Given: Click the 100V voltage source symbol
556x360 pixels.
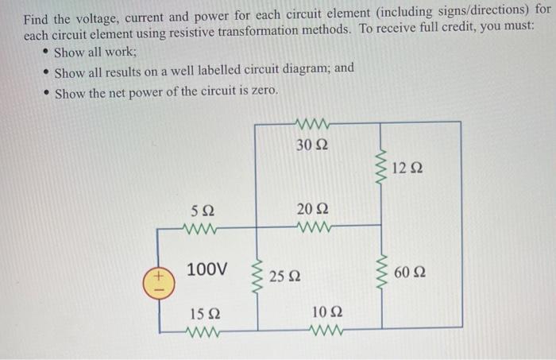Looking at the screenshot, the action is [157, 281].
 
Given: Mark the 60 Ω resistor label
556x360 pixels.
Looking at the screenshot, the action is [410, 273].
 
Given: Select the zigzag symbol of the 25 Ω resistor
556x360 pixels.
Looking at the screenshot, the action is [256, 276].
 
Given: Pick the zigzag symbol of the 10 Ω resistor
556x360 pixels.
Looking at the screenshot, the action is [326, 329].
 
